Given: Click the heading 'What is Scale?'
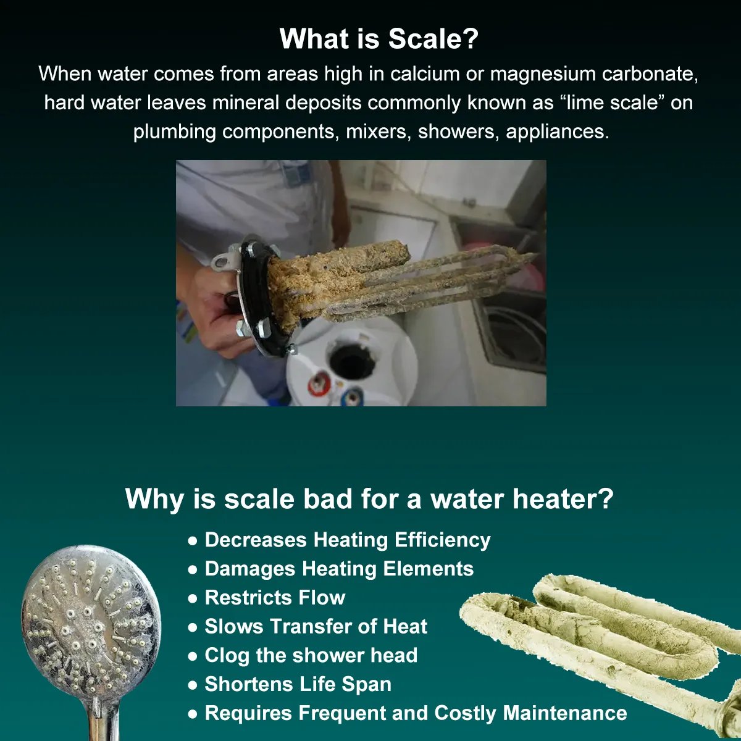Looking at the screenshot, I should (x=379, y=39).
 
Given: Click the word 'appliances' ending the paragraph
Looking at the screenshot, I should (x=556, y=132).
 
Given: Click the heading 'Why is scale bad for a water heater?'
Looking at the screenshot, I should (x=369, y=499).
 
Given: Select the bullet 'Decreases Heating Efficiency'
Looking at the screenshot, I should (x=347, y=540).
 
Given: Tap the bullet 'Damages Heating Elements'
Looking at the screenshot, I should (x=339, y=569).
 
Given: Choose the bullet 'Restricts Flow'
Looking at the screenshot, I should (x=275, y=598).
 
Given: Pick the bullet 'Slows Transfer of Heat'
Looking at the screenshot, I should (x=316, y=626).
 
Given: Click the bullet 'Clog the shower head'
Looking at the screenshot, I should (x=311, y=655).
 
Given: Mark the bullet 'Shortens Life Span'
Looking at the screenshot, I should (x=298, y=684).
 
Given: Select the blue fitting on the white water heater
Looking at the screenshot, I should (x=353, y=395).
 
